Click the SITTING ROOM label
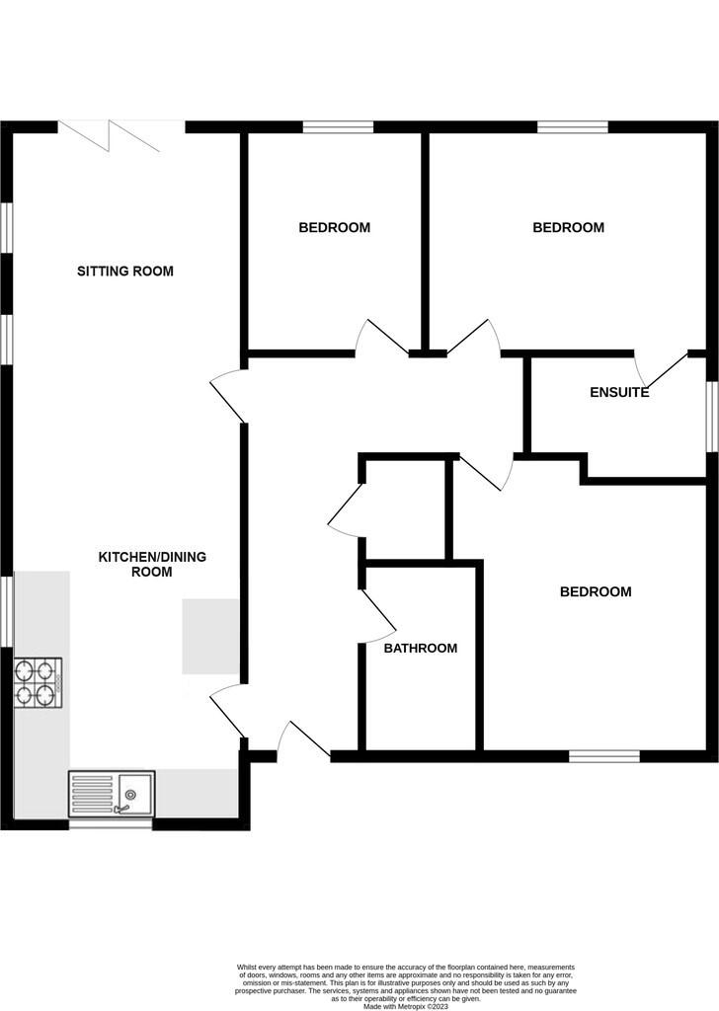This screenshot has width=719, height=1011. pyautogui.click(x=125, y=271)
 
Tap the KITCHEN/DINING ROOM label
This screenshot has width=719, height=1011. pyautogui.click(x=152, y=564)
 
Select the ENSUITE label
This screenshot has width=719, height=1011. pyautogui.click(x=619, y=392)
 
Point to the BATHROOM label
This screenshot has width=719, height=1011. pyautogui.click(x=421, y=649)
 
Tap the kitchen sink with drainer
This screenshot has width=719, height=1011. pyautogui.click(x=111, y=794)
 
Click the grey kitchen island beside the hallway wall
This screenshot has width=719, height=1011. pyautogui.click(x=210, y=636)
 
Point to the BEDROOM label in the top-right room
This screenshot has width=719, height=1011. pyautogui.click(x=568, y=227)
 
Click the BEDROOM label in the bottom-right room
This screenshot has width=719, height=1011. pyautogui.click(x=596, y=592)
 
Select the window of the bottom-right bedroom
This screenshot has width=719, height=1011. pyautogui.click(x=604, y=756)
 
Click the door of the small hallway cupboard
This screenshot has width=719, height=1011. pyautogui.click(x=345, y=511)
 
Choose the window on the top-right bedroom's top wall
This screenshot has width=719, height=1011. pyautogui.click(x=572, y=126)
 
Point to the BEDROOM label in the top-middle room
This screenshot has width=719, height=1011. pyautogui.click(x=335, y=227)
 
